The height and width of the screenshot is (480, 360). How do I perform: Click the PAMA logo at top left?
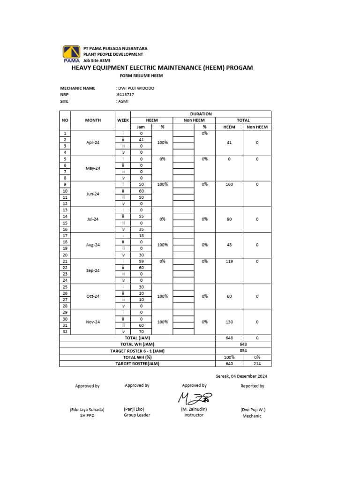pyautogui.click(x=72, y=53)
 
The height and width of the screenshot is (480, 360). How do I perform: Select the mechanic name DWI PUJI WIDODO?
pyautogui.click(x=136, y=88)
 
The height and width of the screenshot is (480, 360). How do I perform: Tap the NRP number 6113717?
pyautogui.click(x=125, y=95)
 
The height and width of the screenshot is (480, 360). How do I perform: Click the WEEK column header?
pyautogui.click(x=123, y=120)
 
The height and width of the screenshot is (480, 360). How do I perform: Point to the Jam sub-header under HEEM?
pyautogui.click(x=141, y=127)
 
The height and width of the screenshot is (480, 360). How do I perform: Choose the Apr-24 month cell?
pyautogui.click(x=93, y=142)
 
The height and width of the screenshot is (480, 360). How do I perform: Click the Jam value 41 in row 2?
pyautogui.click(x=141, y=140)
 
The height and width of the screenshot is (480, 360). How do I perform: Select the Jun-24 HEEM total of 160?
pyautogui.click(x=229, y=184)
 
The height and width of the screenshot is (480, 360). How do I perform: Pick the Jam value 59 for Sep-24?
pyautogui.click(x=141, y=261)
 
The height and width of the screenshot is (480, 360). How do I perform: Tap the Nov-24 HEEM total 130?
pyautogui.click(x=229, y=322)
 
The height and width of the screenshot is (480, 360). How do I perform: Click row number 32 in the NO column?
pyautogui.click(x=65, y=331)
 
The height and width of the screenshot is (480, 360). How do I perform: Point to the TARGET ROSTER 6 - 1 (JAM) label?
pyautogui.click(x=137, y=351)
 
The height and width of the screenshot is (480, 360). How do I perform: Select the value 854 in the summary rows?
pyautogui.click(x=243, y=351)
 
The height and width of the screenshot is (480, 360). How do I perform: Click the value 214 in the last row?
pyautogui.click(x=257, y=363)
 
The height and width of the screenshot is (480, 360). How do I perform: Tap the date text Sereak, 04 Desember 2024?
pyautogui.click(x=241, y=376)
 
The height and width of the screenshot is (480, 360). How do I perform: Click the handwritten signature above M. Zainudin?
pyautogui.click(x=195, y=397)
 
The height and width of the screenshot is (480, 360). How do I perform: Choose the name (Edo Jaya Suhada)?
pyautogui.click(x=87, y=409)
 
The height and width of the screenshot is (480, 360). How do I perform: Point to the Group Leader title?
pyautogui.click(x=137, y=415)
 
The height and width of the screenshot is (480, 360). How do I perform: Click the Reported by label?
pyautogui.click(x=252, y=386)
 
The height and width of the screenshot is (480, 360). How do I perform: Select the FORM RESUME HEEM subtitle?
pyautogui.click(x=142, y=75)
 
